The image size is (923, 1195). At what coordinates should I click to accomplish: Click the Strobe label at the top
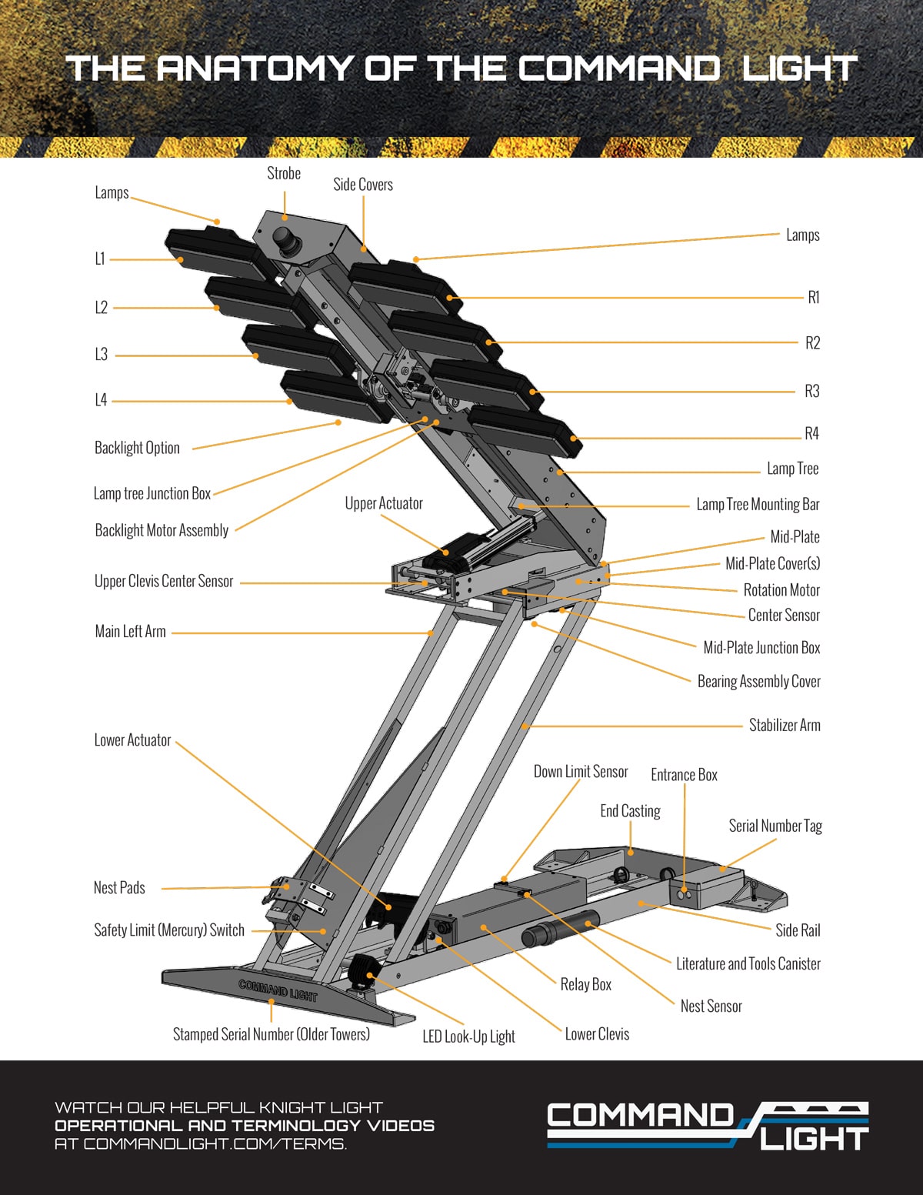click(284, 174)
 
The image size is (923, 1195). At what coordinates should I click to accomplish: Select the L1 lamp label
click(100, 259)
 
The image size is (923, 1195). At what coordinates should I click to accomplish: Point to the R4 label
click(811, 434)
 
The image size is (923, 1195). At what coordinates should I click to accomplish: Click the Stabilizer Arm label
click(785, 726)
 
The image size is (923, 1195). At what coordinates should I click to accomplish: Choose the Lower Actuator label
click(132, 740)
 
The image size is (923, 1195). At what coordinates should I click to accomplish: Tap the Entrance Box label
click(684, 775)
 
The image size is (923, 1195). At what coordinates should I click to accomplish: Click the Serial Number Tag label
click(775, 826)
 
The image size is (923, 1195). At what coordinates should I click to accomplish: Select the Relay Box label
click(585, 984)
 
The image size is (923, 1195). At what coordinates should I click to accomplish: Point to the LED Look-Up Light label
click(468, 1036)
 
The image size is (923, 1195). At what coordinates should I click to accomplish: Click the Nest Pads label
click(119, 888)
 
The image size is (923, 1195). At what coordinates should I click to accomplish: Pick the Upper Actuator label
click(384, 503)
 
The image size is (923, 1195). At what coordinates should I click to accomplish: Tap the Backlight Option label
click(137, 448)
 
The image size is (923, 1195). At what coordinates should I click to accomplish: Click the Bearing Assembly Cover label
click(758, 681)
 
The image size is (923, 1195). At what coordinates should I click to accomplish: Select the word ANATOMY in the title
click(255, 68)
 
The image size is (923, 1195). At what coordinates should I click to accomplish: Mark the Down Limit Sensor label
click(581, 772)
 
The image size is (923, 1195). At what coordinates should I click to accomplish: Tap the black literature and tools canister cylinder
click(560, 929)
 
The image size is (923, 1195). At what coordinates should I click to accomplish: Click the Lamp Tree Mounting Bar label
click(758, 505)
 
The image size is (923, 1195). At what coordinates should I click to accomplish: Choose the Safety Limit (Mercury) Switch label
click(169, 930)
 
